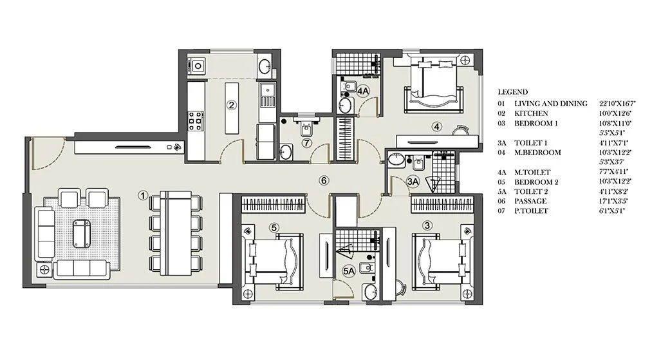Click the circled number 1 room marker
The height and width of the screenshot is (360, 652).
coord(144,194)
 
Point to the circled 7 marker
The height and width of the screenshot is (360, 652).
coord(307,142)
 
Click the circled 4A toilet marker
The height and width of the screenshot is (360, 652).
coord(363,91)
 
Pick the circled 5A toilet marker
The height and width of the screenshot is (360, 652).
coord(349,272)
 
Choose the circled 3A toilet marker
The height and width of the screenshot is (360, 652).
coord(413,182)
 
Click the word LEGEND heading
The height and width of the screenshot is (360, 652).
coord(512,92)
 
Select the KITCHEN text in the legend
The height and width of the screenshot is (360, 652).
coord(529,113)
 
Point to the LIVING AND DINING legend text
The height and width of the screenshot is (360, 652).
coord(550,104)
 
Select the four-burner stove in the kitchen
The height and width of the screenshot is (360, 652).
coord(196,120)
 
